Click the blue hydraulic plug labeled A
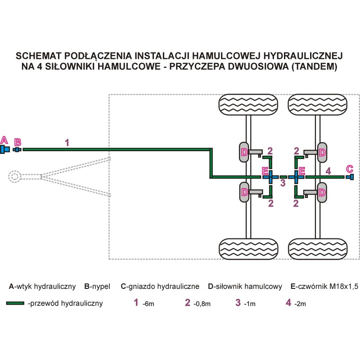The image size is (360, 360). pos(4,149)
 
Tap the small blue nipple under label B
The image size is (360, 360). pos(17,150)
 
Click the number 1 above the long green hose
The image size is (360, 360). pos(67,143)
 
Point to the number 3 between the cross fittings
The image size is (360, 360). pos(283,183)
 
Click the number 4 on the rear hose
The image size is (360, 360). pos(328,171)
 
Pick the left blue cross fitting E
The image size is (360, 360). pos(270,177)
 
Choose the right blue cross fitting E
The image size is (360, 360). pos(296,177)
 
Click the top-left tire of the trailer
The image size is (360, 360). pos(248,104)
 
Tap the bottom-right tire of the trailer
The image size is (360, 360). pos(318,249)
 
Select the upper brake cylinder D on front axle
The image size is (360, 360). pos(244,152)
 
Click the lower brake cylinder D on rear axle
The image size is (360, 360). pos(322,193)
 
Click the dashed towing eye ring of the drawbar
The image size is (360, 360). pos(15,177)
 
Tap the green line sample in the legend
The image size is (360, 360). pos(15,303)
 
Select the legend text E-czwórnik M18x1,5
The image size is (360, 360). pos(324,286)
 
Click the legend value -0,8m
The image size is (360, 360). pos(202,304)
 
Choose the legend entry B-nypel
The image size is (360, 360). pos(97,287)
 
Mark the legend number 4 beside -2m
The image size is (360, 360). pos(288,302)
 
